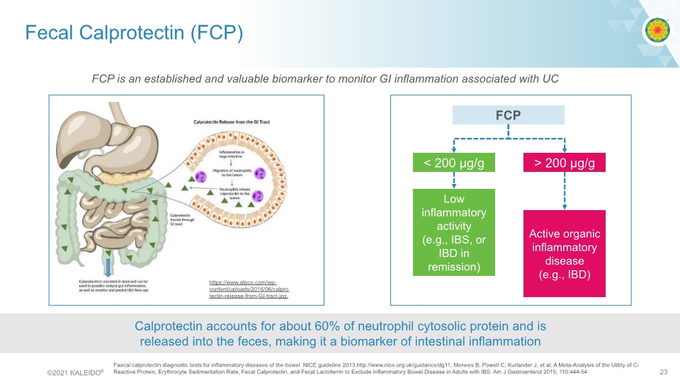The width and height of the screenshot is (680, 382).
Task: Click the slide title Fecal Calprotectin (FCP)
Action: point(134,33)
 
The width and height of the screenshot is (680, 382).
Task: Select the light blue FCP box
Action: point(508,115)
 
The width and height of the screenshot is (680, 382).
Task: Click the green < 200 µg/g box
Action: point(454,164)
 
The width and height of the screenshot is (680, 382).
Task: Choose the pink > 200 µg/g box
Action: point(565,164)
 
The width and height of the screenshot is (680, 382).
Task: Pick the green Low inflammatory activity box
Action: point(454,232)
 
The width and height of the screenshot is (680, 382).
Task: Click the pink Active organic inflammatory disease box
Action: point(565,253)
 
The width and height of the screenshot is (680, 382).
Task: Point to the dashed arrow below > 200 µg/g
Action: point(565,191)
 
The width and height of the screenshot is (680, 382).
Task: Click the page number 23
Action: point(663,372)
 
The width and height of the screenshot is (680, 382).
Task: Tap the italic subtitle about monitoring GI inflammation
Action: point(325,79)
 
